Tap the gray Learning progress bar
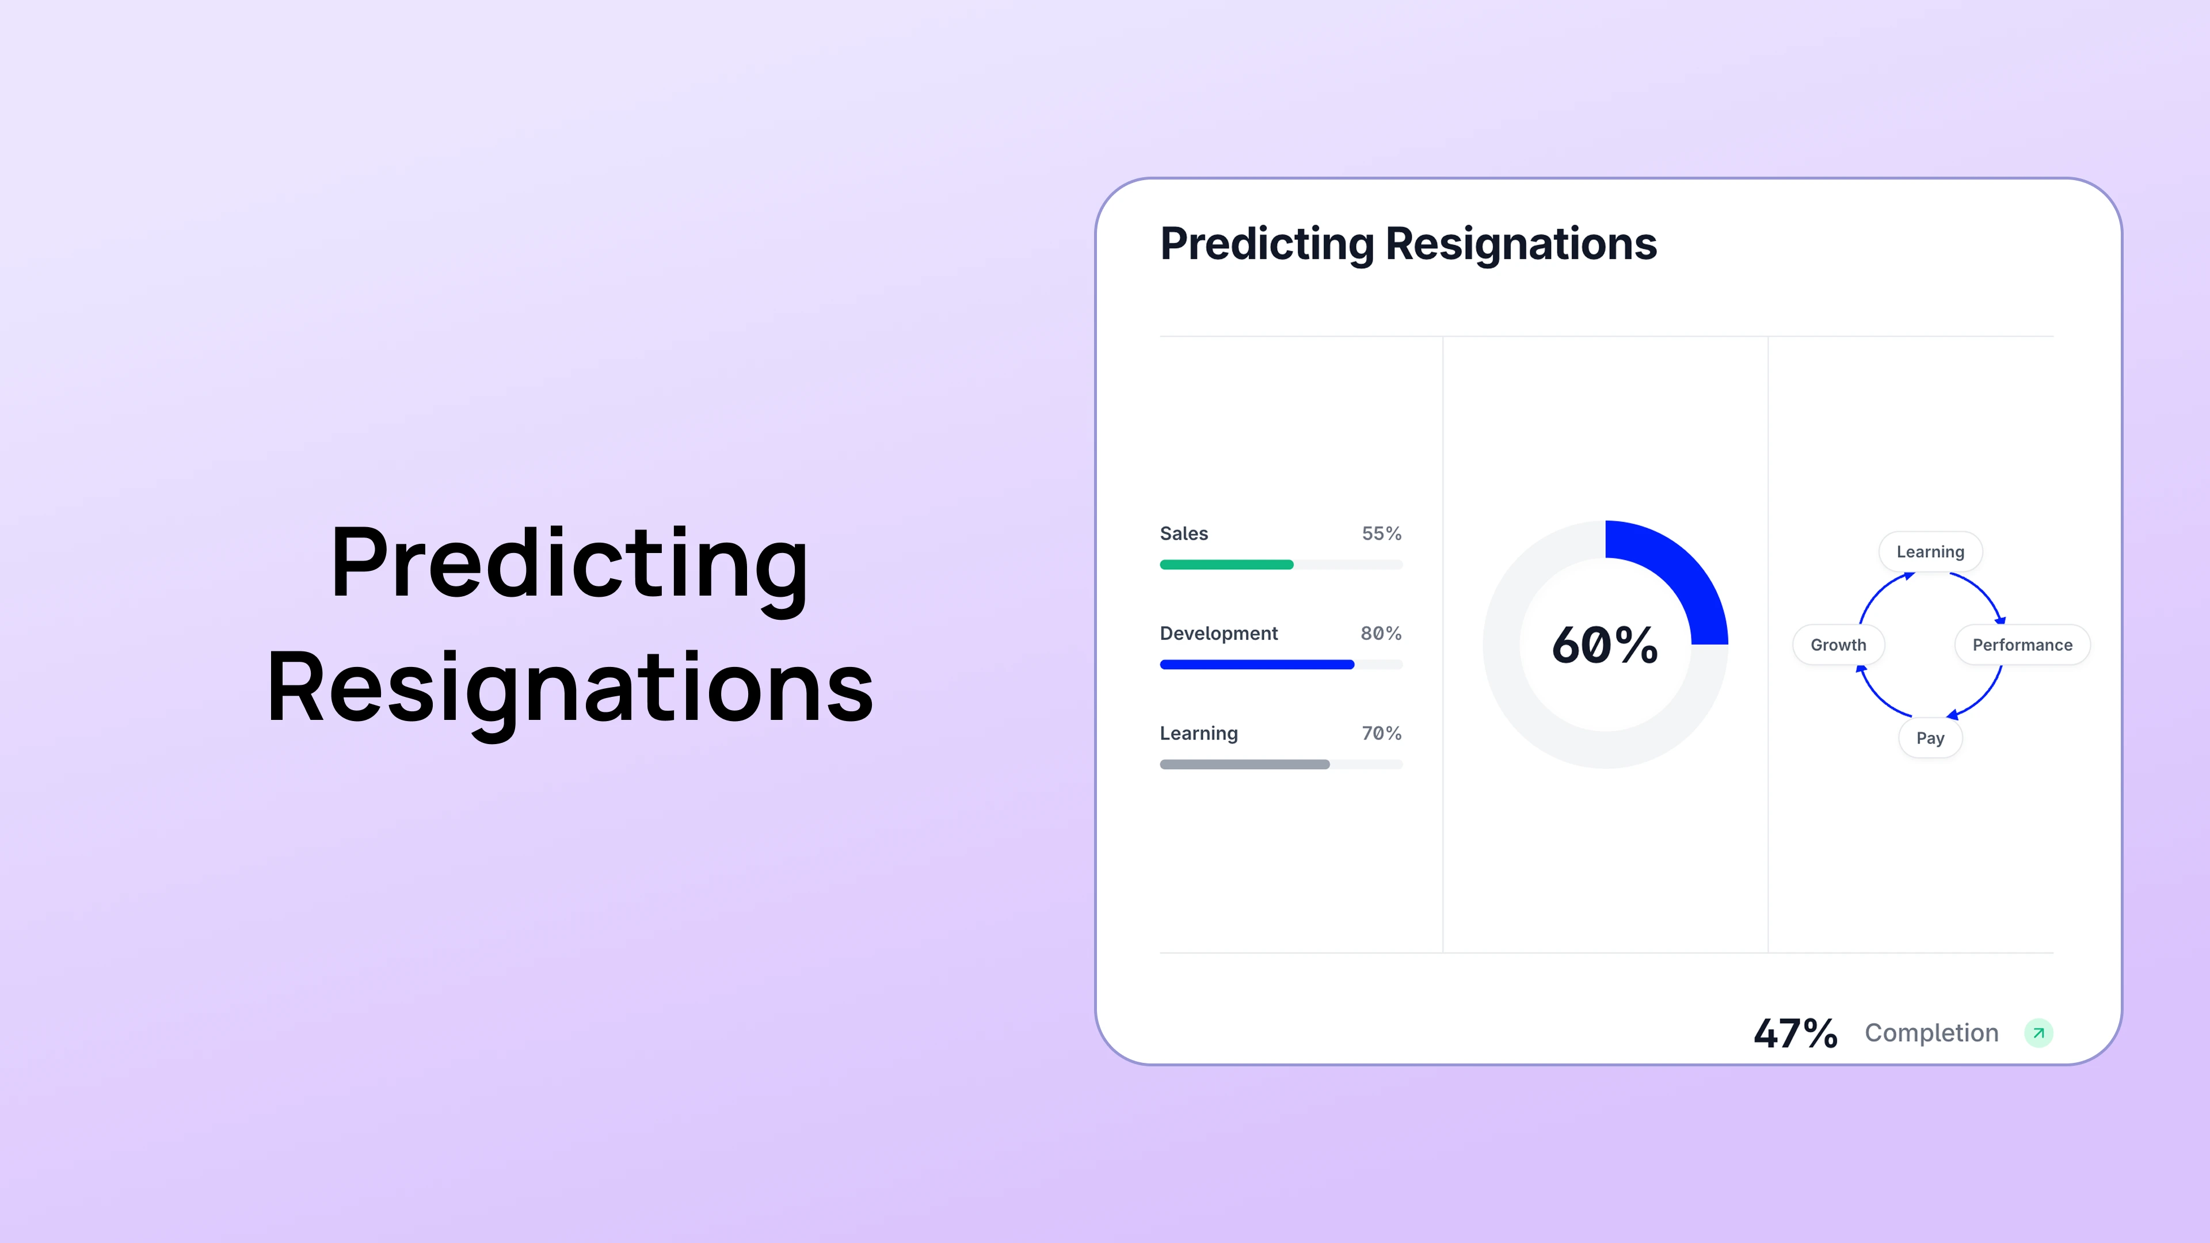click(x=1244, y=764)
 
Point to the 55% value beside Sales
click(x=1381, y=533)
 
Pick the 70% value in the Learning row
click(x=1381, y=734)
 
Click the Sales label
click(x=1183, y=533)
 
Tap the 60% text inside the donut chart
click(x=1605, y=645)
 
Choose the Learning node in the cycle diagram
click(x=1930, y=552)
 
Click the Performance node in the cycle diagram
click(x=2022, y=645)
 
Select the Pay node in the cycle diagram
click(x=1930, y=738)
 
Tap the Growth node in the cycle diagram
click(x=1838, y=645)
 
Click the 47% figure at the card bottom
click(x=1795, y=1033)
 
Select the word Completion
click(x=1931, y=1033)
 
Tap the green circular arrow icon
click(x=2038, y=1033)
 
